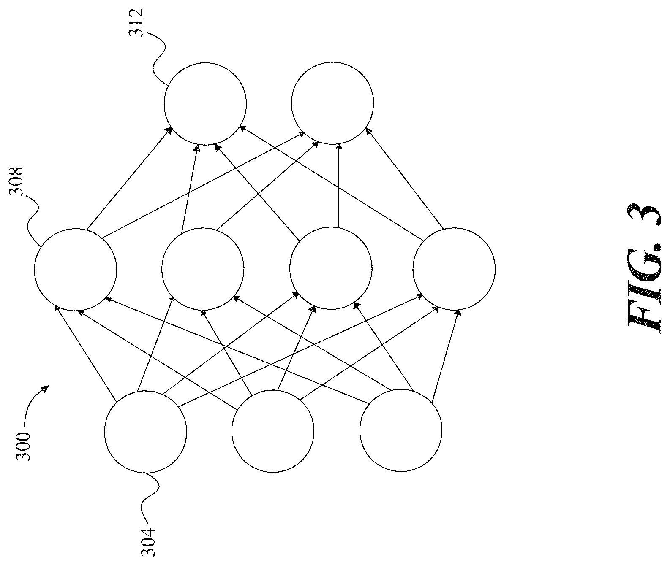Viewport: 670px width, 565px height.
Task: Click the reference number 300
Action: tap(23, 446)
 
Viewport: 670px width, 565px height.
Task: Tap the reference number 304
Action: tap(147, 542)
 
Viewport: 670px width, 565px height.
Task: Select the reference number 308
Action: tap(16, 181)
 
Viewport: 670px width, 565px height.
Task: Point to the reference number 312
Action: tap(136, 23)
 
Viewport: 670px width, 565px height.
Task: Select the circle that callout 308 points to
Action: tap(76, 270)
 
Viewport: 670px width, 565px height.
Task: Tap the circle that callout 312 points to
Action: tap(205, 103)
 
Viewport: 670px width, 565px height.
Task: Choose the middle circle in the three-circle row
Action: tap(273, 431)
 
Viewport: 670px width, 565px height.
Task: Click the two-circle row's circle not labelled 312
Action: tap(332, 103)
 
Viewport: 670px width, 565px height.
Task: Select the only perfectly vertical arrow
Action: tap(339, 186)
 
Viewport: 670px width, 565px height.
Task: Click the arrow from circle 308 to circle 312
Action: tap(129, 178)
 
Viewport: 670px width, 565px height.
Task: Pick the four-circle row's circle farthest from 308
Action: tap(454, 269)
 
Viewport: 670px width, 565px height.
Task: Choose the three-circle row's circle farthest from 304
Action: tap(401, 430)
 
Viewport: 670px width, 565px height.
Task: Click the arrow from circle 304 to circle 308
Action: tap(85, 353)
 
